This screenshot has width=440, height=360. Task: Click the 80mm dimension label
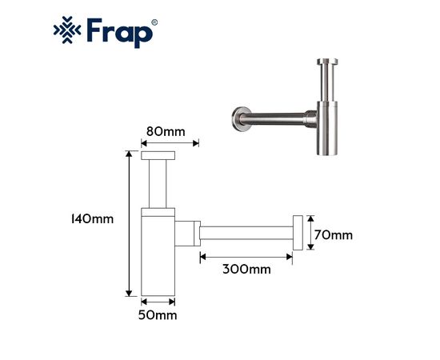click(x=166, y=131)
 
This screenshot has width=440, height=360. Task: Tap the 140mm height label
click(x=92, y=219)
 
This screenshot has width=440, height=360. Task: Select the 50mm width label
click(x=158, y=315)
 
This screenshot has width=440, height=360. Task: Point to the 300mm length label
click(x=246, y=270)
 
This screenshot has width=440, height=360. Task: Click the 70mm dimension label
click(x=334, y=235)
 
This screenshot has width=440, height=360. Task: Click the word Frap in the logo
click(x=120, y=33)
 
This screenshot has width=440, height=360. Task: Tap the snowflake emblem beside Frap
click(x=67, y=30)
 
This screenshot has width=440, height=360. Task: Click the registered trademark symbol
click(x=154, y=22)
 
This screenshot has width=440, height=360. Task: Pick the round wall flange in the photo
click(x=241, y=119)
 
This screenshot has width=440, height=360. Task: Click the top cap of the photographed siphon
click(x=327, y=62)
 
